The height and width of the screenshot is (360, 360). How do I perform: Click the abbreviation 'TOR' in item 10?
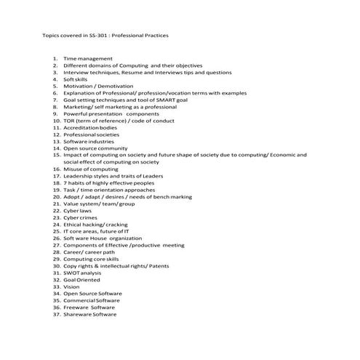coord(70,120)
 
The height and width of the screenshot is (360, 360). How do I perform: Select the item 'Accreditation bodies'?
coord(90,127)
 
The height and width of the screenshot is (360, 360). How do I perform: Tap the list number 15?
coord(56,154)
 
